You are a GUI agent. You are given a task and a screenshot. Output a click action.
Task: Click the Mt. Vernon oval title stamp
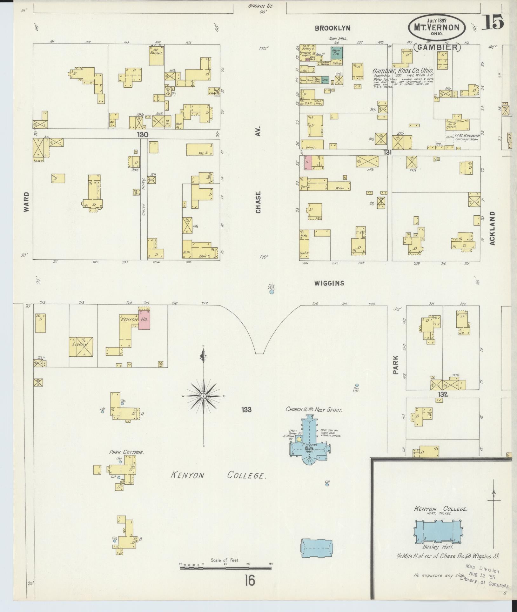(437, 27)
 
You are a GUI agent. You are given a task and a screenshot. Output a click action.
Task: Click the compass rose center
(203, 396)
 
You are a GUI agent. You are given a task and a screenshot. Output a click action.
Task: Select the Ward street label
(26, 202)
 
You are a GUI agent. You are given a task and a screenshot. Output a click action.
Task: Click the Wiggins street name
(329, 283)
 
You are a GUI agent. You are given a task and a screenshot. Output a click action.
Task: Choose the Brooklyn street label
(332, 28)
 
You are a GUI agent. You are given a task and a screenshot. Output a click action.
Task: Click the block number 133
(246, 410)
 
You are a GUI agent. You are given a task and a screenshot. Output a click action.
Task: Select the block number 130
(143, 135)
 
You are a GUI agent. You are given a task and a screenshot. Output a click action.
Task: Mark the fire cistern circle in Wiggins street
(272, 292)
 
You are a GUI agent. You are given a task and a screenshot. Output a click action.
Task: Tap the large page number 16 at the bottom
(250, 581)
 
